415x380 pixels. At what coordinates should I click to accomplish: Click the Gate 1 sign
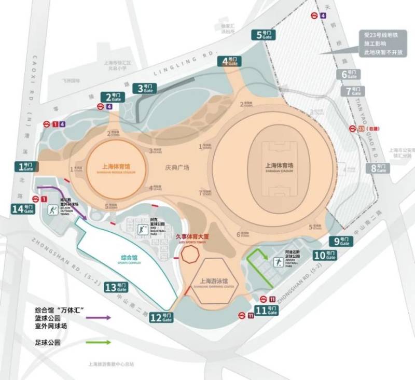pyautogui.click(x=25, y=166)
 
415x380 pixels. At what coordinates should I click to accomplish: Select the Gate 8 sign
pyautogui.click(x=377, y=168)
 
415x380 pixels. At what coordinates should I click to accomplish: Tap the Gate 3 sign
pyautogui.click(x=144, y=88)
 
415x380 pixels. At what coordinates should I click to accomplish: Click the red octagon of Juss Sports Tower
pyautogui.click(x=188, y=255)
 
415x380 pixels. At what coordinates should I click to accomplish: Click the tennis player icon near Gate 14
pyautogui.click(x=53, y=210)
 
